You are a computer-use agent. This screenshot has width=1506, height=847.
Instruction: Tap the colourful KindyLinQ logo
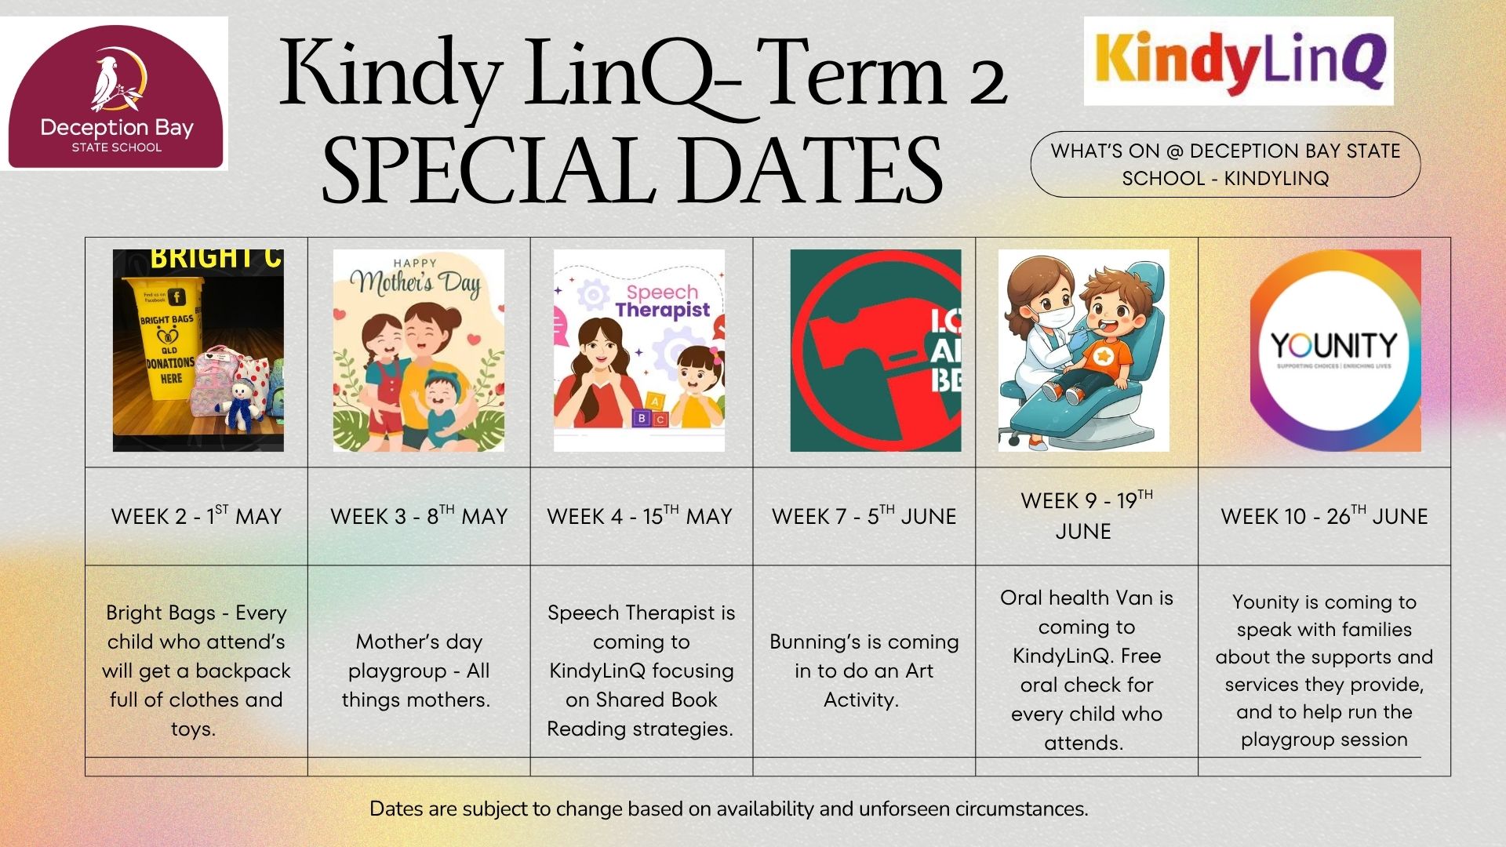point(1238,61)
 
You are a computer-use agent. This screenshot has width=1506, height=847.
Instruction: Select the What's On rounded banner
point(1224,164)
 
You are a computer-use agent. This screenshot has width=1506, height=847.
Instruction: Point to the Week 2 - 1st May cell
point(196,516)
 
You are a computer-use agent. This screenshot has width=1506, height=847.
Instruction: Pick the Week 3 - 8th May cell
point(419,516)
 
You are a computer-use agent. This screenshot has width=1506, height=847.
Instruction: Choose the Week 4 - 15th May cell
point(640,516)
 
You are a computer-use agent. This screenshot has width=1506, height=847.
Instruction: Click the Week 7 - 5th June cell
point(864,516)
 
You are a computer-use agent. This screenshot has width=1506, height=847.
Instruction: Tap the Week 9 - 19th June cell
point(1086,515)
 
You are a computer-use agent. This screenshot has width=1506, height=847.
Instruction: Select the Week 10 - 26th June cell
point(1324,516)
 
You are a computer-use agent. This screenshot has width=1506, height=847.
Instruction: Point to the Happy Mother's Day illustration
point(419,351)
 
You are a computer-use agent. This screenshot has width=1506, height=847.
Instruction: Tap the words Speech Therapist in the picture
point(661,302)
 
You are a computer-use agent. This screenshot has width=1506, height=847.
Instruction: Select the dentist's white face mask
point(1051,316)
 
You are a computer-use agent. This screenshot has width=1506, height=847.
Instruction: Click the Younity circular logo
point(1335,351)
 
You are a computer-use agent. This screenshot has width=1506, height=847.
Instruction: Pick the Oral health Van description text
point(1086,670)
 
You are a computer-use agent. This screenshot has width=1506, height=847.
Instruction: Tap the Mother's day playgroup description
point(417,671)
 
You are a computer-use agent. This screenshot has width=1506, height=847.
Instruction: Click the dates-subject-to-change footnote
point(729,809)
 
